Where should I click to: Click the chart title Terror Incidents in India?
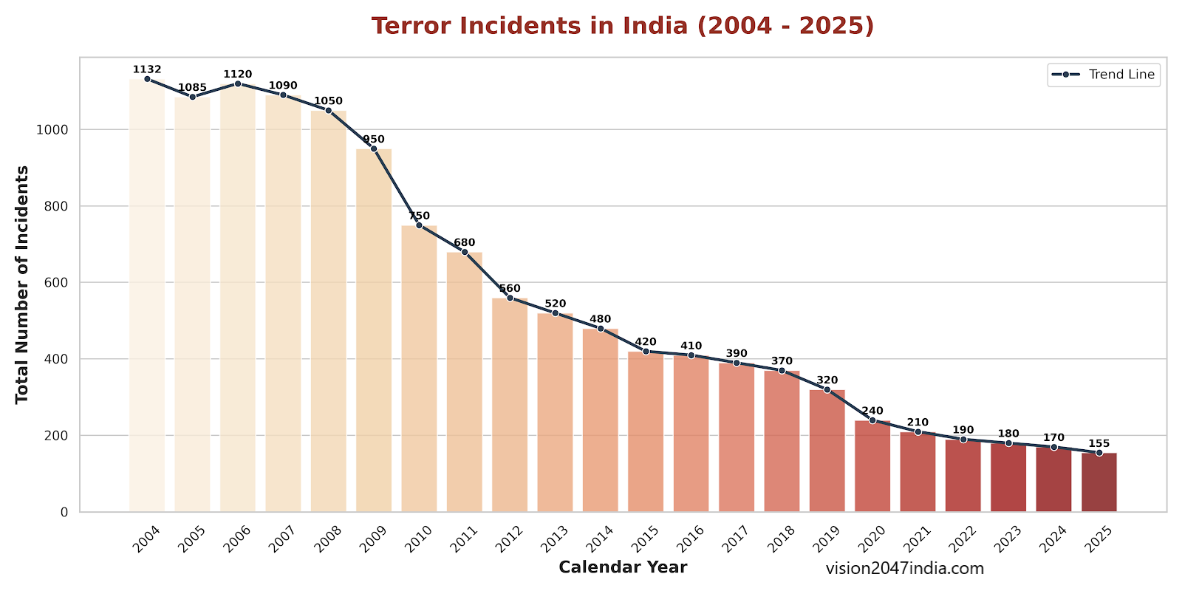pos(623,26)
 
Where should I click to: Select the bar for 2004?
pos(147,295)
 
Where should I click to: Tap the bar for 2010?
pos(419,369)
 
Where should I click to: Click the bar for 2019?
pos(827,451)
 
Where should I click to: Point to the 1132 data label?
pos(147,69)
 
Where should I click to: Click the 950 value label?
pos(374,139)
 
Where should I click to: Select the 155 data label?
pos(1099,443)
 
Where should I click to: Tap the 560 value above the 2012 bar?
pos(510,288)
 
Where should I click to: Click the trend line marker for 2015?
pos(646,352)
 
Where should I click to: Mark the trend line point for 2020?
pos(872,420)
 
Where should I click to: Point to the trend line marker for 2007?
pos(283,95)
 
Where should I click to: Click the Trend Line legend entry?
pos(1104,75)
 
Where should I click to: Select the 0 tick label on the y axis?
pos(64,512)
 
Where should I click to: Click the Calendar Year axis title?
pos(623,567)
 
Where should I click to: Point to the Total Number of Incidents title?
pos(22,284)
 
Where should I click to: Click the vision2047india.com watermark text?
pos(905,568)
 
